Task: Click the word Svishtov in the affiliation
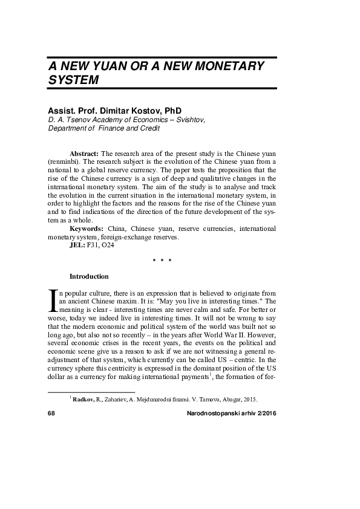point(189,120)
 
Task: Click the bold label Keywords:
point(87,229)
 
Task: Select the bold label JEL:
point(77,245)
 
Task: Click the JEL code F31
point(93,245)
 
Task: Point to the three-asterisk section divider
point(162,261)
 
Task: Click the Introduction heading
point(89,277)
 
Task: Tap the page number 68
point(51,412)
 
